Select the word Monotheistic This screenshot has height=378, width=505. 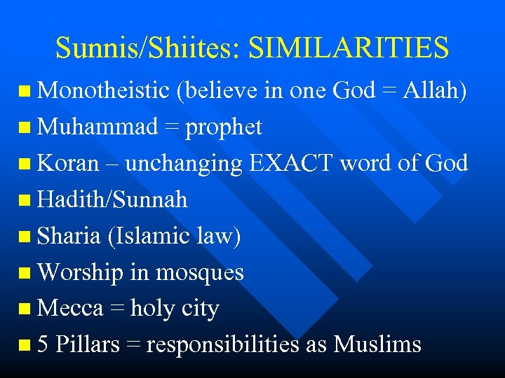[x=103, y=90]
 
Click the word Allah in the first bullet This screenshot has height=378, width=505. [x=438, y=90]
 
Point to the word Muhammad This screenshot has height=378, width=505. [x=97, y=127]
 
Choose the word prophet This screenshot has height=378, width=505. [x=222, y=127]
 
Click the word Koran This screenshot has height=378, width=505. [x=68, y=163]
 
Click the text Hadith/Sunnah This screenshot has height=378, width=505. [x=112, y=199]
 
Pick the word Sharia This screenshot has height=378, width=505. [x=69, y=236]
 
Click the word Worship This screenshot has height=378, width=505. [x=81, y=272]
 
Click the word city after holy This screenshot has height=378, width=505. [x=201, y=309]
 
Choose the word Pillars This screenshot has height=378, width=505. [x=87, y=344]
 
